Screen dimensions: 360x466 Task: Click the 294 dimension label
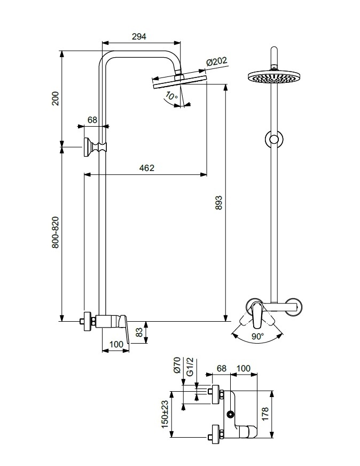pos(139,36)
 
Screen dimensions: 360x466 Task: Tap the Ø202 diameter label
pos(216,62)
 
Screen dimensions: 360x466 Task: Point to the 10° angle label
pos(171,96)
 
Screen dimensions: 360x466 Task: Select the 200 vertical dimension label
pos(56,98)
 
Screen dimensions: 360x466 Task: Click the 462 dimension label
pos(147,168)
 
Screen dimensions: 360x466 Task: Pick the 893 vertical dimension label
pos(218,203)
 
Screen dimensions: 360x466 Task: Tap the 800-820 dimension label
pos(56,232)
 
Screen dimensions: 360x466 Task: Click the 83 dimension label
pos(139,332)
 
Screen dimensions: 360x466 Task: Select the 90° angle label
pos(257,336)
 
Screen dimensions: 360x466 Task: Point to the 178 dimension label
pos(265,414)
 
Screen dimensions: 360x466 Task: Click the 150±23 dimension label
pos(165,414)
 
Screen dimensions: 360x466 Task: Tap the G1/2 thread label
pos(190,367)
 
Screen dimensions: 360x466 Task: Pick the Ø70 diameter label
pos(177,365)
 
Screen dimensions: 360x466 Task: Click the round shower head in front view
pos(274,76)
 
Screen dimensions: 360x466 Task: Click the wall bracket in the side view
pos(95,147)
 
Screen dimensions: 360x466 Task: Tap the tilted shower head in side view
pos(179,81)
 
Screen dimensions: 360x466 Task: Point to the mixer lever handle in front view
pos(257,316)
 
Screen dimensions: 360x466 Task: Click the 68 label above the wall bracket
pos(92,120)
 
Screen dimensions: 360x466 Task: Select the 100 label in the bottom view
pos(243,368)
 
